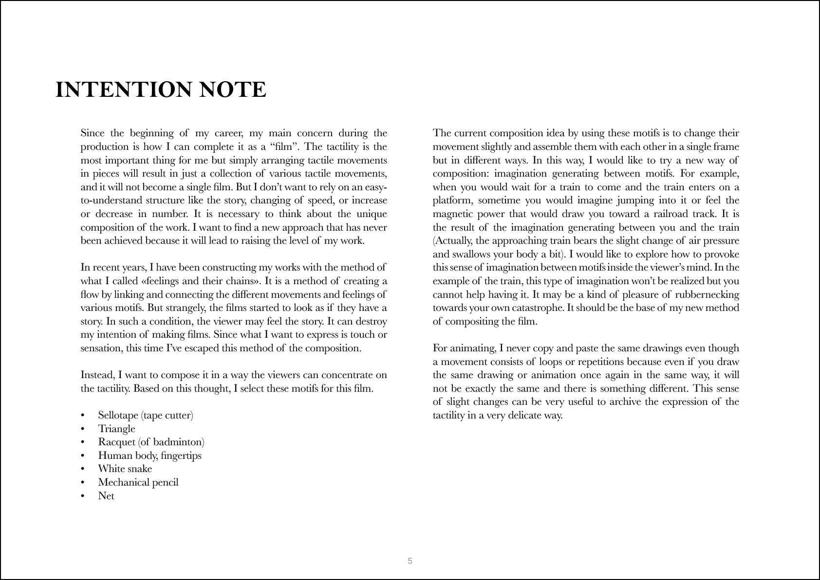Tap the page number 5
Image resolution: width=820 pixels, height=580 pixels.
410,561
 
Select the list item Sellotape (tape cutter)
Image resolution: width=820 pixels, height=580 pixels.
146,415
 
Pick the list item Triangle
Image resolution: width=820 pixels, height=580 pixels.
116,429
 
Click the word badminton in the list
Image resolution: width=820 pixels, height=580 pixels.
177,442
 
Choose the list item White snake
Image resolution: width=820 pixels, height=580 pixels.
125,469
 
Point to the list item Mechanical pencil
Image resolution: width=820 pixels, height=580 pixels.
138,482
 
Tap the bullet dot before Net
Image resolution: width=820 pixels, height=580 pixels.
83,496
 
